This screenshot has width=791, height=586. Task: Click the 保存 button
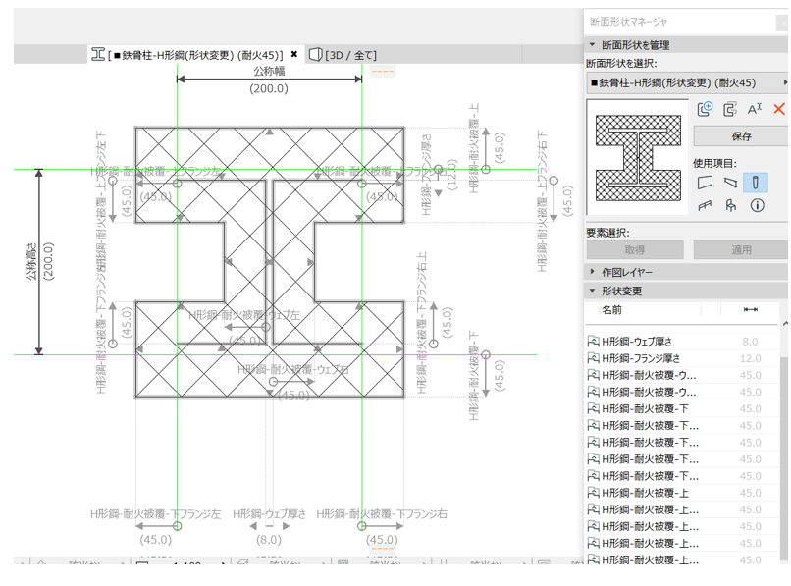click(x=740, y=136)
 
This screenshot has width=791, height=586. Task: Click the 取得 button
click(x=634, y=250)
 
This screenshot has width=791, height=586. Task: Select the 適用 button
click(x=740, y=250)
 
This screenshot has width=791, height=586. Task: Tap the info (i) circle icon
click(x=757, y=205)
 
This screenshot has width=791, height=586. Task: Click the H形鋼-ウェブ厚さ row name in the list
click(x=648, y=342)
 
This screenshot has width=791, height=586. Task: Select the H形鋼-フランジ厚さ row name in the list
click(x=648, y=358)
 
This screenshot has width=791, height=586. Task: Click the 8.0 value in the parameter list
click(x=750, y=342)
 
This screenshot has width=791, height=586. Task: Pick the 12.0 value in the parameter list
click(x=750, y=358)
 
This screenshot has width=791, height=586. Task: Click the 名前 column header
click(x=612, y=309)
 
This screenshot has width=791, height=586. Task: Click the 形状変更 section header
click(x=622, y=291)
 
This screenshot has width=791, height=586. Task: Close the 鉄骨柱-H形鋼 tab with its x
click(x=294, y=55)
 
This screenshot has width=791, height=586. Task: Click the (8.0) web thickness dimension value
click(x=269, y=540)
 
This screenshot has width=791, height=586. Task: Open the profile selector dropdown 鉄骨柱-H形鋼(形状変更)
click(x=687, y=82)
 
